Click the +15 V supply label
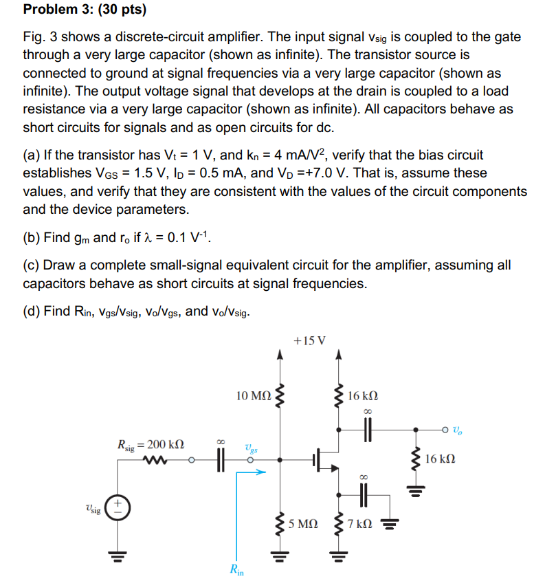(x=309, y=340)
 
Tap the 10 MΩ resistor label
(x=253, y=395)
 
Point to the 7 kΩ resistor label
(x=360, y=525)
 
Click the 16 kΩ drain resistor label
(x=364, y=396)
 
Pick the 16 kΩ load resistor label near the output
(x=440, y=458)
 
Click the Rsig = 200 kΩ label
(x=151, y=443)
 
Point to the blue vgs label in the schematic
(x=250, y=448)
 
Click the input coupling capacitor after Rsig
(x=221, y=460)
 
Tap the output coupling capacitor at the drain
(x=367, y=431)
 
